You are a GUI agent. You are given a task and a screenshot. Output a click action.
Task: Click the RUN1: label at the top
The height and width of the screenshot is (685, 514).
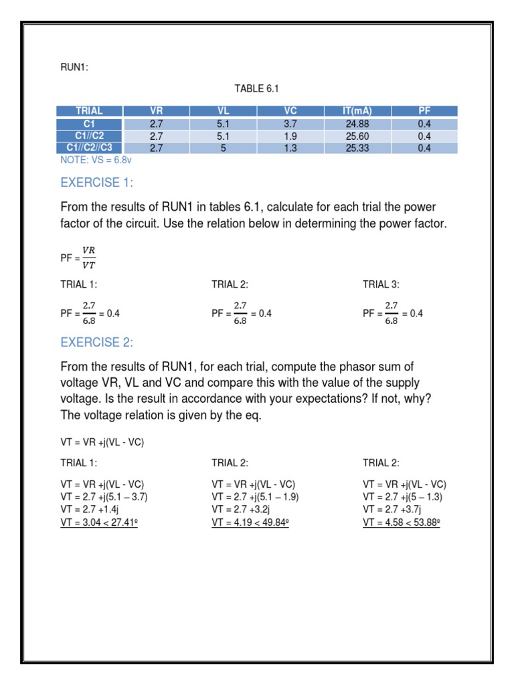click(74, 67)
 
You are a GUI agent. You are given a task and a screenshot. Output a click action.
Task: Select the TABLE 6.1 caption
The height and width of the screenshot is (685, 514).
click(256, 88)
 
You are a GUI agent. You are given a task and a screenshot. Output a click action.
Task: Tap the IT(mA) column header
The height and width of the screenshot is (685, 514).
click(357, 111)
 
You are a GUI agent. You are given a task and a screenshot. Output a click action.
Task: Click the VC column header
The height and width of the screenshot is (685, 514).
click(290, 111)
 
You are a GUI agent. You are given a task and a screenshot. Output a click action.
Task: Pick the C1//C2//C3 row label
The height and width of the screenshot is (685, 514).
click(90, 148)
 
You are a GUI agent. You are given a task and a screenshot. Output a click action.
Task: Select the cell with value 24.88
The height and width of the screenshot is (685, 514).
click(357, 124)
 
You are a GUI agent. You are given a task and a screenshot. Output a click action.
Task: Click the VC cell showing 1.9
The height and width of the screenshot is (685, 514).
click(290, 136)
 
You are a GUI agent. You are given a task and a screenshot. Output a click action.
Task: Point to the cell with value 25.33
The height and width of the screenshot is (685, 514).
click(357, 148)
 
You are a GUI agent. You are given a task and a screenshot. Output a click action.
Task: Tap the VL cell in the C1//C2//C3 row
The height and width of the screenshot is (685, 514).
click(223, 148)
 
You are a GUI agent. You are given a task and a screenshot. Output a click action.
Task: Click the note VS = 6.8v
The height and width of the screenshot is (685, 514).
click(100, 160)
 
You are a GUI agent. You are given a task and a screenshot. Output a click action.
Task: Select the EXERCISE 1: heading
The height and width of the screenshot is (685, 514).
click(97, 183)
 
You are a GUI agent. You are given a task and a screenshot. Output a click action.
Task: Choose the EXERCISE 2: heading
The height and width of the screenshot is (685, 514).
click(97, 342)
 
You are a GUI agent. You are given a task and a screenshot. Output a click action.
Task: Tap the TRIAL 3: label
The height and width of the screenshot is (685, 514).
click(381, 284)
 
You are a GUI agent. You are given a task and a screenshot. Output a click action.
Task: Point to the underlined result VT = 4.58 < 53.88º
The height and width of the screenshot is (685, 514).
click(402, 522)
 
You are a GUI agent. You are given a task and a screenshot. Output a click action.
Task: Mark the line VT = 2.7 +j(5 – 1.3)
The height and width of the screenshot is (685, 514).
click(403, 497)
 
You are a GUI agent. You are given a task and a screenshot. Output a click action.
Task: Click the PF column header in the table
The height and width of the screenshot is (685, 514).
click(424, 111)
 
